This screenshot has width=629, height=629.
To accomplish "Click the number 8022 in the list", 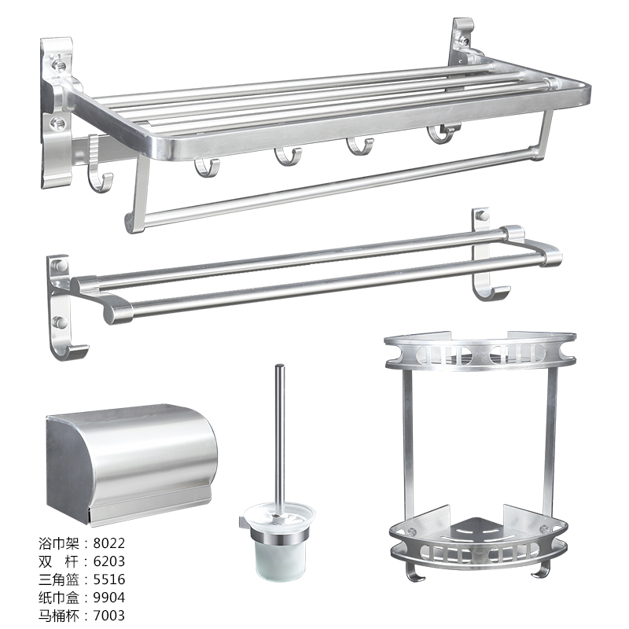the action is pyautogui.click(x=109, y=543).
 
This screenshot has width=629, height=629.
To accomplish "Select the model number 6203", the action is pyautogui.click(x=109, y=561).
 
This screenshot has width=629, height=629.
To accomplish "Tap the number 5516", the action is pyautogui.click(x=109, y=579).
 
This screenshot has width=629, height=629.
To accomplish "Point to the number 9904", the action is pyautogui.click(x=109, y=598).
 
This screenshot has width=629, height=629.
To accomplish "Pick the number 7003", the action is pyautogui.click(x=109, y=616).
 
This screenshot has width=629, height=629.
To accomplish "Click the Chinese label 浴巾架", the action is pyautogui.click(x=59, y=543).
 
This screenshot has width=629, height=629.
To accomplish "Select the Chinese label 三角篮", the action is pyautogui.click(x=59, y=579).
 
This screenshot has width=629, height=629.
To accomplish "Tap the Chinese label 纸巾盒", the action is pyautogui.click(x=59, y=598).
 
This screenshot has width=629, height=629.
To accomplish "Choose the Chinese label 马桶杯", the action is pyautogui.click(x=59, y=616).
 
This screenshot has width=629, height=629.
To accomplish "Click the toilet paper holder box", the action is pyautogui.click(x=131, y=465).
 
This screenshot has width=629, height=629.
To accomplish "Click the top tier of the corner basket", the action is pyautogui.click(x=480, y=350).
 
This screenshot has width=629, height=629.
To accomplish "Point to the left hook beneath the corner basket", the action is pyautogui.click(x=416, y=572).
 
